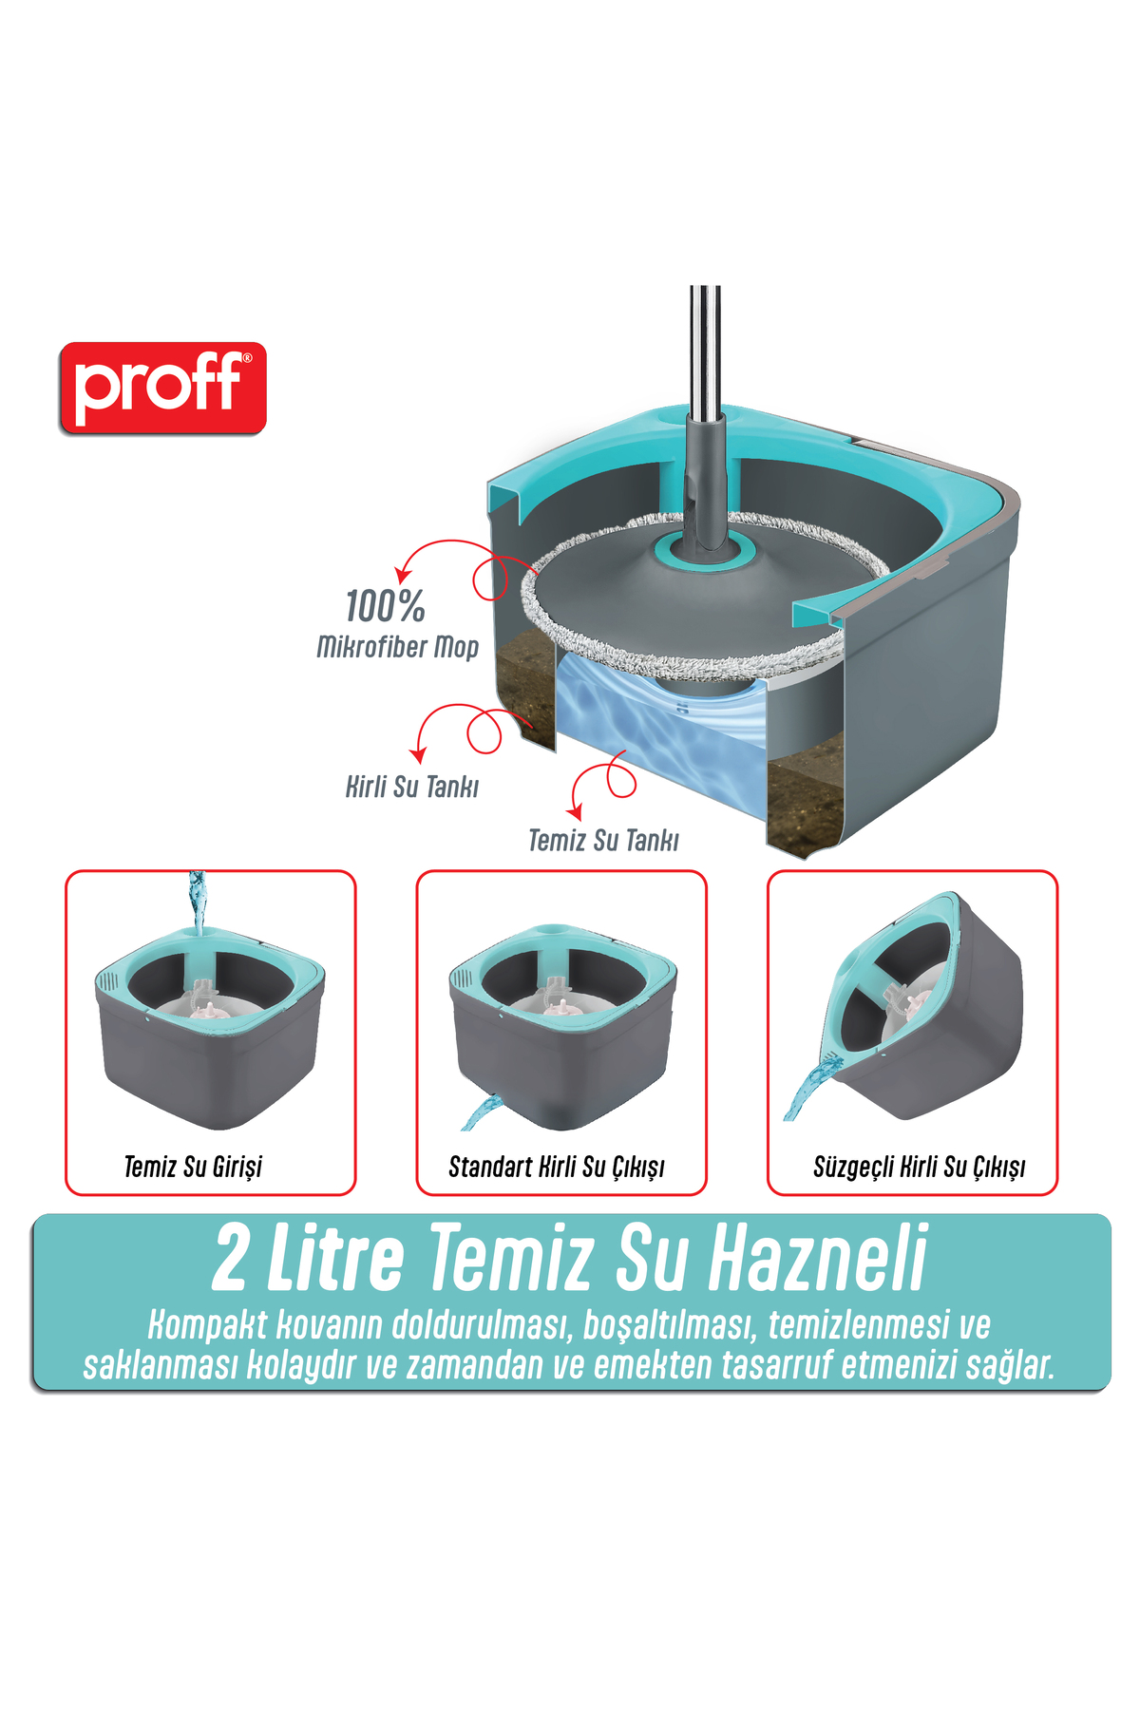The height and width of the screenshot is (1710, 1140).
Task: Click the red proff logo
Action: pos(162,389)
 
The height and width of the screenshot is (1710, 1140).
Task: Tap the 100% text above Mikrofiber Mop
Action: pos(385,606)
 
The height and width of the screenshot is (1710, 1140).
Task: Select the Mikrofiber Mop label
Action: pos(397,647)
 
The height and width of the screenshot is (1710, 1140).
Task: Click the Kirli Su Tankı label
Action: pos(412,787)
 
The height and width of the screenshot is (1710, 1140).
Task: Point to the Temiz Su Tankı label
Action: pos(603,840)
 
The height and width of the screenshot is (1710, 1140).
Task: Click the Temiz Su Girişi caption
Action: pos(193,1167)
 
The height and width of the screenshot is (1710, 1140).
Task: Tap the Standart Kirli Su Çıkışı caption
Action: pos(557,1167)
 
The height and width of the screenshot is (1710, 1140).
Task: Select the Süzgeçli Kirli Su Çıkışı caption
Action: pos(920,1167)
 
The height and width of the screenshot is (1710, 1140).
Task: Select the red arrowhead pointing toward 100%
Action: pos(404,575)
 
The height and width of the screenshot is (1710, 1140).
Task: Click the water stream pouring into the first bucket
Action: pos(197,901)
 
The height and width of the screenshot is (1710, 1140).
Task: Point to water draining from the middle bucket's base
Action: pos(483,1112)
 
